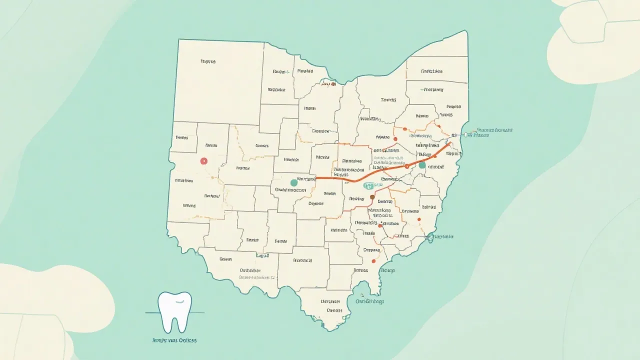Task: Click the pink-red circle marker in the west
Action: [x=203, y=161]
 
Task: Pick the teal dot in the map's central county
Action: [x=293, y=183]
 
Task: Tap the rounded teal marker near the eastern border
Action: [x=422, y=164]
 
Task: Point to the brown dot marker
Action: [x=372, y=197]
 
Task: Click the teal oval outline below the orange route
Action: [x=369, y=186]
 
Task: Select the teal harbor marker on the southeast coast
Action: [x=429, y=237]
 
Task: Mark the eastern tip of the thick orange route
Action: [x=450, y=143]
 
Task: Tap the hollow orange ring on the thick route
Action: [x=406, y=166]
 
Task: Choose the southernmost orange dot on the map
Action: [x=373, y=260]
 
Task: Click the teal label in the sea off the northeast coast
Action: [x=494, y=130]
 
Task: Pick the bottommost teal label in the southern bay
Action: [x=369, y=301]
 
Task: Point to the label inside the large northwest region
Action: [x=207, y=61]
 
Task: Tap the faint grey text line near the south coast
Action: [x=257, y=276]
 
